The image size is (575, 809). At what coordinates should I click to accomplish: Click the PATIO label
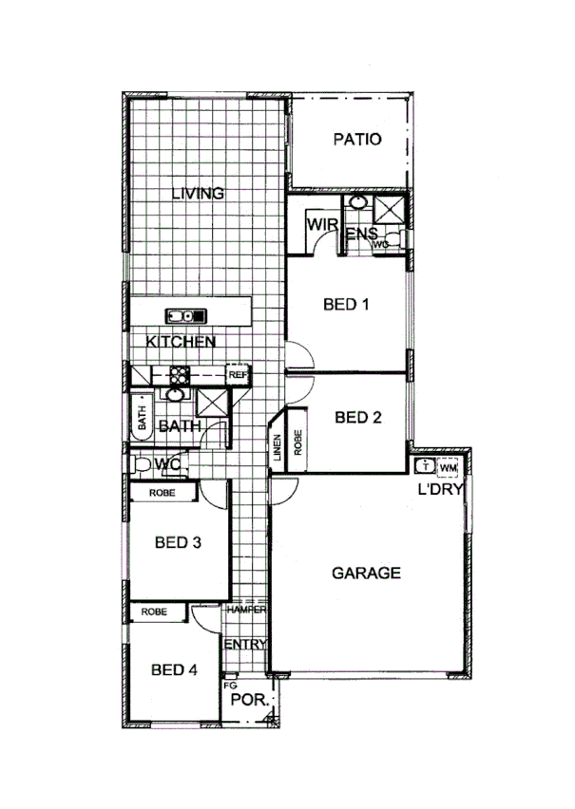357,140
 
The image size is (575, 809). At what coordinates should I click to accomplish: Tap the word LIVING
198,194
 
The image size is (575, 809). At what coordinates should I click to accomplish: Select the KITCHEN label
181,342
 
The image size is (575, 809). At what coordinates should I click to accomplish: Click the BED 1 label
346,305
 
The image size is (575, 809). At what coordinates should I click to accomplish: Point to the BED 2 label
358,417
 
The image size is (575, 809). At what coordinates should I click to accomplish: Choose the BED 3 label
178,543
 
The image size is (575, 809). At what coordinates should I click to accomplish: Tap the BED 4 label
174,669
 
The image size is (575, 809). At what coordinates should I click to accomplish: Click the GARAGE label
366,573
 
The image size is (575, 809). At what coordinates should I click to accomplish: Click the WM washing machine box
449,467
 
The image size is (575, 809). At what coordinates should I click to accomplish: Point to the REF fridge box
238,375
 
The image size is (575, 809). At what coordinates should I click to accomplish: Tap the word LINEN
277,448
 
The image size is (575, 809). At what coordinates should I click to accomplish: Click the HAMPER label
246,611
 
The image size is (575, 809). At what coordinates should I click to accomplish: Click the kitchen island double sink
181,315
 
